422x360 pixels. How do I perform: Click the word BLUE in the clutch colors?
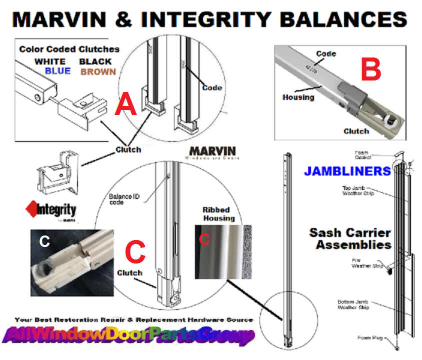click(57, 71)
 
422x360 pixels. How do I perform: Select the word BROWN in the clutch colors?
click(98, 71)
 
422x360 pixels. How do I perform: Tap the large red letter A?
click(126, 106)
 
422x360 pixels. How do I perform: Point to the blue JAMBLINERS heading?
click(347, 171)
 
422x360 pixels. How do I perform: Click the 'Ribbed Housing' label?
click(218, 214)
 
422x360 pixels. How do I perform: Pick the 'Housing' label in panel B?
click(298, 97)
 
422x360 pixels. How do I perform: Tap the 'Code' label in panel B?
click(326, 53)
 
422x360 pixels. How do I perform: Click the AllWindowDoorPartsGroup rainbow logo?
click(127, 335)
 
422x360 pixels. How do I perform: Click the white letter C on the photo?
click(44, 241)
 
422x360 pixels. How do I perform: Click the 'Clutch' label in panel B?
click(356, 131)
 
